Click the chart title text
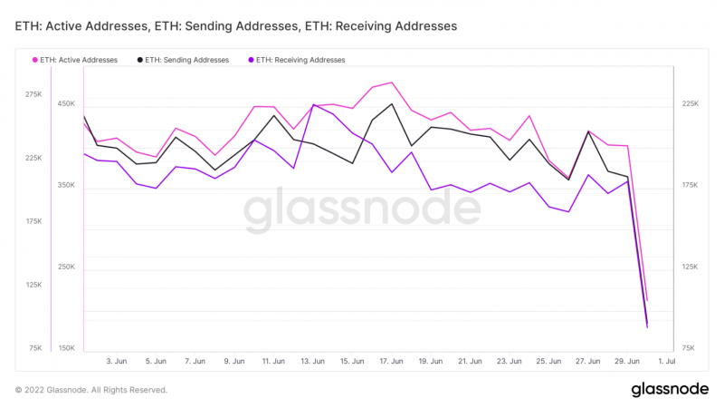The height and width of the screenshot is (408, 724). click(x=236, y=26)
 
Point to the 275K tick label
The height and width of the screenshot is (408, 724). click(x=33, y=94)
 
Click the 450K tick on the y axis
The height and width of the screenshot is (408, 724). click(x=67, y=104)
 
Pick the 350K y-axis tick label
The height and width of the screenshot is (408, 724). click(x=67, y=186)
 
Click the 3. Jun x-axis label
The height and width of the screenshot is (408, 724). click(x=117, y=362)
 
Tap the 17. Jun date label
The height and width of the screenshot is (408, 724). click(x=391, y=362)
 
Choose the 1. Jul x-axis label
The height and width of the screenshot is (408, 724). click(x=666, y=362)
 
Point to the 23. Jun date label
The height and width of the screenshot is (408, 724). click(x=509, y=362)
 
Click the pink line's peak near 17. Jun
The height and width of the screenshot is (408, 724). click(x=391, y=83)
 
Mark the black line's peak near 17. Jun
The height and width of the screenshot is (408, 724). click(x=392, y=103)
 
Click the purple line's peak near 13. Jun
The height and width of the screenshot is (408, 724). click(x=313, y=105)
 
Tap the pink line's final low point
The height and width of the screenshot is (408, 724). click(x=647, y=300)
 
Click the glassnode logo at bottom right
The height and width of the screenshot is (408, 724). click(x=670, y=390)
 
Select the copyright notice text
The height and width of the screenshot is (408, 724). click(x=91, y=390)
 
